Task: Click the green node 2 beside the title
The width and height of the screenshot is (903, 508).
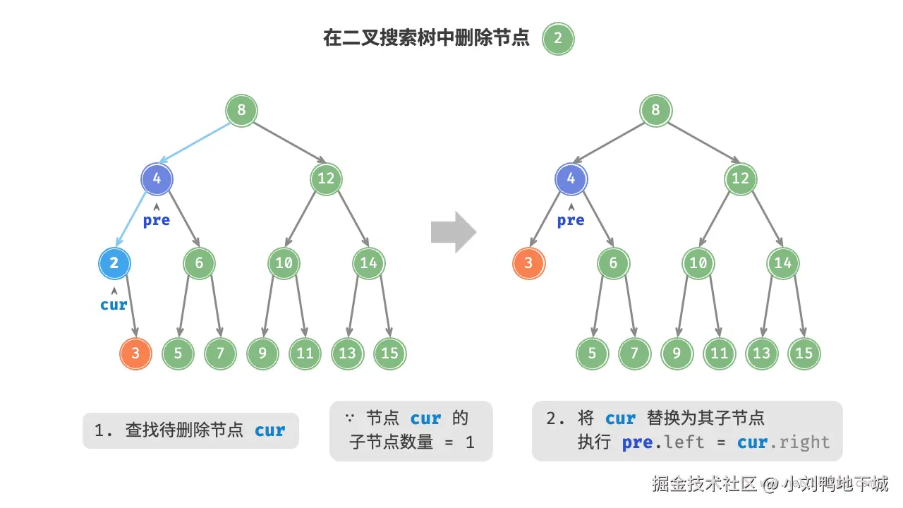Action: pos(558,38)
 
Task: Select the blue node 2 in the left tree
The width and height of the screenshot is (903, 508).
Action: pos(114,263)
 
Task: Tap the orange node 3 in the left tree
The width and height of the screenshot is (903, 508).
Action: pos(135,353)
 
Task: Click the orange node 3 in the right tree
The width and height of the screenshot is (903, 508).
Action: pos(529,263)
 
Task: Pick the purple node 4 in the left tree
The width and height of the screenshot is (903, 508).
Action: pos(157,179)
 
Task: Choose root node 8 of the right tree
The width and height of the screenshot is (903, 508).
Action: pos(656,110)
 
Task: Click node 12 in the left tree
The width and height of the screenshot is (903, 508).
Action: pos(326,179)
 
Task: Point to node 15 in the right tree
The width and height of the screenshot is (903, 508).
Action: pos(804,353)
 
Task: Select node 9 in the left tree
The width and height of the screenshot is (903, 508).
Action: pos(262,353)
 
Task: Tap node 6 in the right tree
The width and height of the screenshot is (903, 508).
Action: pos(613,263)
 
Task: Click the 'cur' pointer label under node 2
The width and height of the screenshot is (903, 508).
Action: pos(114,305)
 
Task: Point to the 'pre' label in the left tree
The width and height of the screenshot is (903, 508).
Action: pos(157,221)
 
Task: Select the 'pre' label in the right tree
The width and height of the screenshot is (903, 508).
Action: pos(571,221)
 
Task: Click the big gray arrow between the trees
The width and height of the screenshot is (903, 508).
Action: pos(454,232)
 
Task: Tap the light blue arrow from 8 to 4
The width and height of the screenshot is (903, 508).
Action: pos(195,143)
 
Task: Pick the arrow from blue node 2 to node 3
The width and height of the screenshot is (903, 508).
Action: pos(132,306)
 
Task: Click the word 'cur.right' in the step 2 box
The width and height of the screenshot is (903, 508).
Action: pos(784,442)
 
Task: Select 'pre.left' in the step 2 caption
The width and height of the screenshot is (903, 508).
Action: pos(663,442)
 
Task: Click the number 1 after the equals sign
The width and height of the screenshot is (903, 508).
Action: pos(470,442)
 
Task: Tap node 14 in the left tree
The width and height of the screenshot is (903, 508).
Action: pos(368,263)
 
